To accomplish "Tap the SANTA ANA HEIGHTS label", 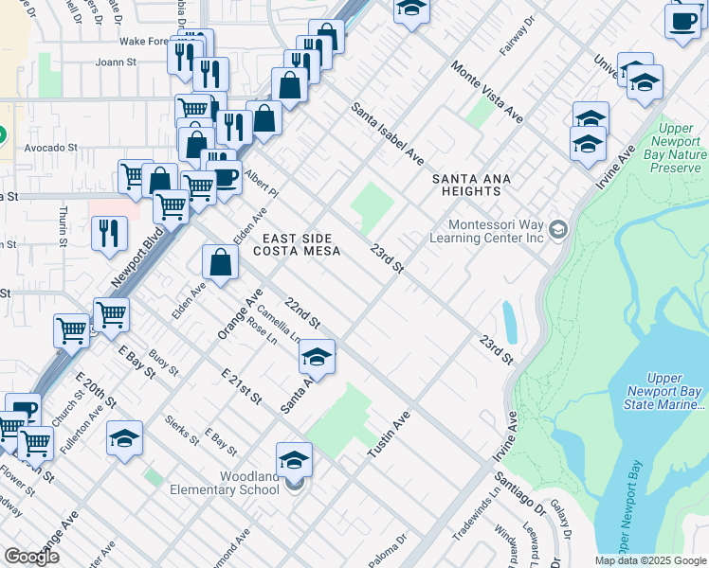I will (x=465, y=184).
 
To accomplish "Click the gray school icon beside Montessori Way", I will (x=557, y=229).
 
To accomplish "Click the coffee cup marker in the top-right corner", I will (x=681, y=21).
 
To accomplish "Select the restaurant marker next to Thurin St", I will (x=109, y=232).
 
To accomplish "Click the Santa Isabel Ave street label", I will (x=387, y=133).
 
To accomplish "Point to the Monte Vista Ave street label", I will (x=487, y=92).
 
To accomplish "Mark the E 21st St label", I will (x=240, y=386).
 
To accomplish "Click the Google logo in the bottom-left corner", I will (x=31, y=556).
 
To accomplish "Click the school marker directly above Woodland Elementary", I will (x=294, y=459).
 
